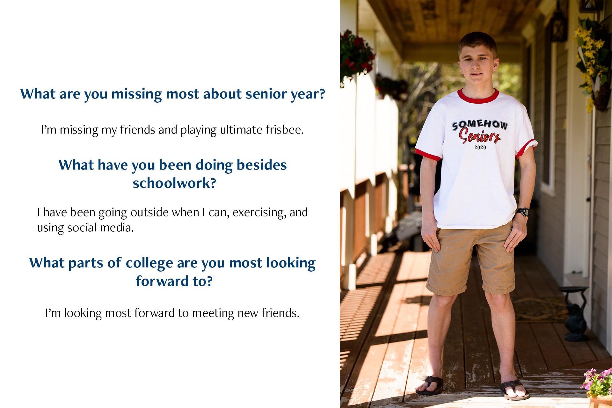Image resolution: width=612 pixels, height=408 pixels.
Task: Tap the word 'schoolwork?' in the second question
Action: point(174,183)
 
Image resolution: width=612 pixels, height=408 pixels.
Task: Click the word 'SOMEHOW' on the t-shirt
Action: point(480,124)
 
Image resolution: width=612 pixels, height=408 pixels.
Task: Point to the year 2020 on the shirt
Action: point(480,147)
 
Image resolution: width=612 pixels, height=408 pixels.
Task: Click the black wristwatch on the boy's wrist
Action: point(523,212)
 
